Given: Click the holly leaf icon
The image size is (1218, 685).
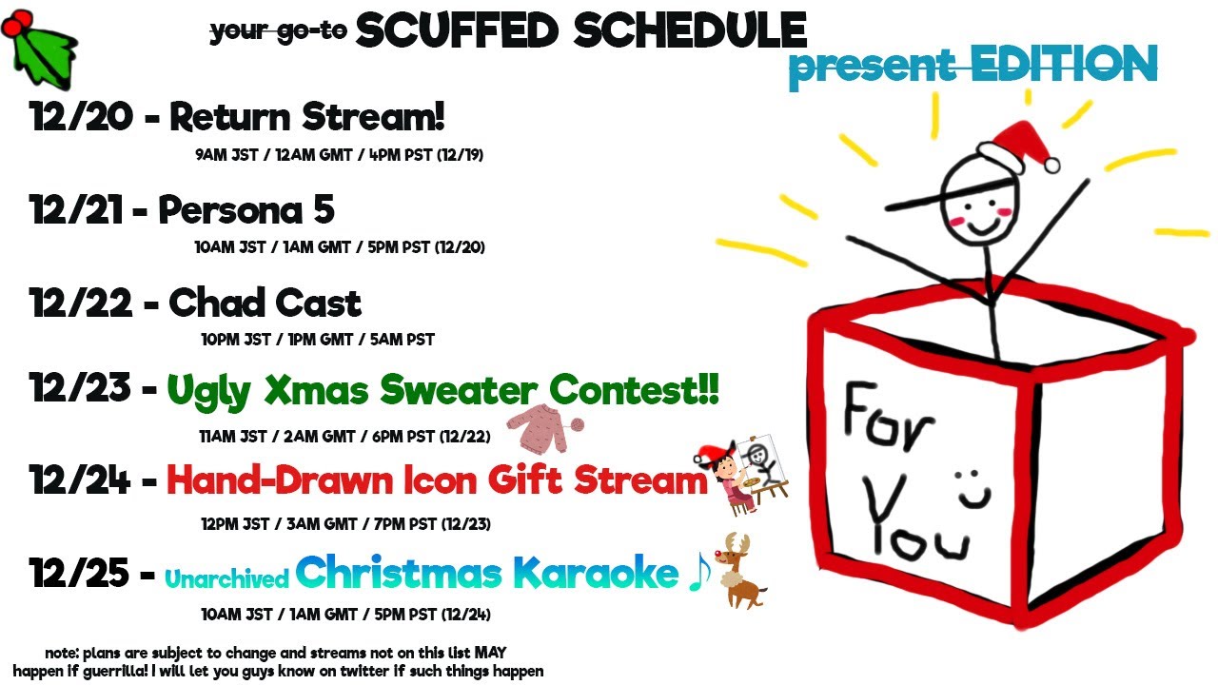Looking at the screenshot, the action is coord(41,49).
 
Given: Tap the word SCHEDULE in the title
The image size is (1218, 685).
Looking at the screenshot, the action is coord(690,30).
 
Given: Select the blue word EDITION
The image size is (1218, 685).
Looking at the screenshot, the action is coord(1064,64).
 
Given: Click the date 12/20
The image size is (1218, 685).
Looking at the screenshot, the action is coord(82,116).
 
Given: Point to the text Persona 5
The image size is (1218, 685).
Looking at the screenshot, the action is coord(246,209).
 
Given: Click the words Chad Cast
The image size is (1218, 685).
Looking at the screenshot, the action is coord(265,303).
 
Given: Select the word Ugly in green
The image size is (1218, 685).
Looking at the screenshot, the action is coord(209,391).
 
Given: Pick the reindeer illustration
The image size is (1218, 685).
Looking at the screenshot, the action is coord(740,571).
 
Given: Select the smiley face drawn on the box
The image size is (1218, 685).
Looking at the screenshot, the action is coord(974,489).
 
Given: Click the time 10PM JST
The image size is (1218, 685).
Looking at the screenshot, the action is coord(235,340).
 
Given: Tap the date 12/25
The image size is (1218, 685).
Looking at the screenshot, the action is coord(79,573).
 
